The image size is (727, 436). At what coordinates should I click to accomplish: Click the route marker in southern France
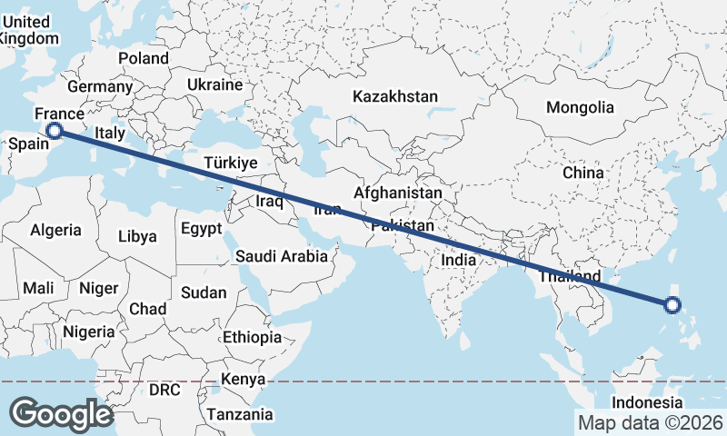coord(55,131)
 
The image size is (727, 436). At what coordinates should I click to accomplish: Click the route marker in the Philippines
coord(672,305)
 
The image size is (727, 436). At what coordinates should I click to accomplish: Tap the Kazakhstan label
coord(395,96)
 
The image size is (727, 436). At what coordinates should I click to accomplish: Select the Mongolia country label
coord(580,107)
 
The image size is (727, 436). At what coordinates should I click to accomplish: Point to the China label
coord(583,173)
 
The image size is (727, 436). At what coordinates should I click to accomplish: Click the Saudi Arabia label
coord(282,256)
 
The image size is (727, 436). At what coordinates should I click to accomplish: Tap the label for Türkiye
coord(232,163)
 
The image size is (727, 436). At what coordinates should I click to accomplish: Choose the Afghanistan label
coord(398,193)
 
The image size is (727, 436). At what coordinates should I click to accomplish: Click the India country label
coord(459,260)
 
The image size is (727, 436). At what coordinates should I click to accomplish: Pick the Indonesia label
coord(646,402)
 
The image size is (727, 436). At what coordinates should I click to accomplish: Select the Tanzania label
coord(240,414)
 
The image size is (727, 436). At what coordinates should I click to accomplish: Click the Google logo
coord(61,414)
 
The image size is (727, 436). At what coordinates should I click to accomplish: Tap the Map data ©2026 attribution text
coord(651,423)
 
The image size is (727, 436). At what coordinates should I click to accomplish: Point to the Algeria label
coord(55,231)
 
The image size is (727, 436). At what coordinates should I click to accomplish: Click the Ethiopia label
coord(252,337)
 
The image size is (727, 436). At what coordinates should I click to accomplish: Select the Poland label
coord(143,58)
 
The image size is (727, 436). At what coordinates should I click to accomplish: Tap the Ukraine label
coord(214,84)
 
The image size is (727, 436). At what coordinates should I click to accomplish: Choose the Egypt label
coord(201,228)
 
